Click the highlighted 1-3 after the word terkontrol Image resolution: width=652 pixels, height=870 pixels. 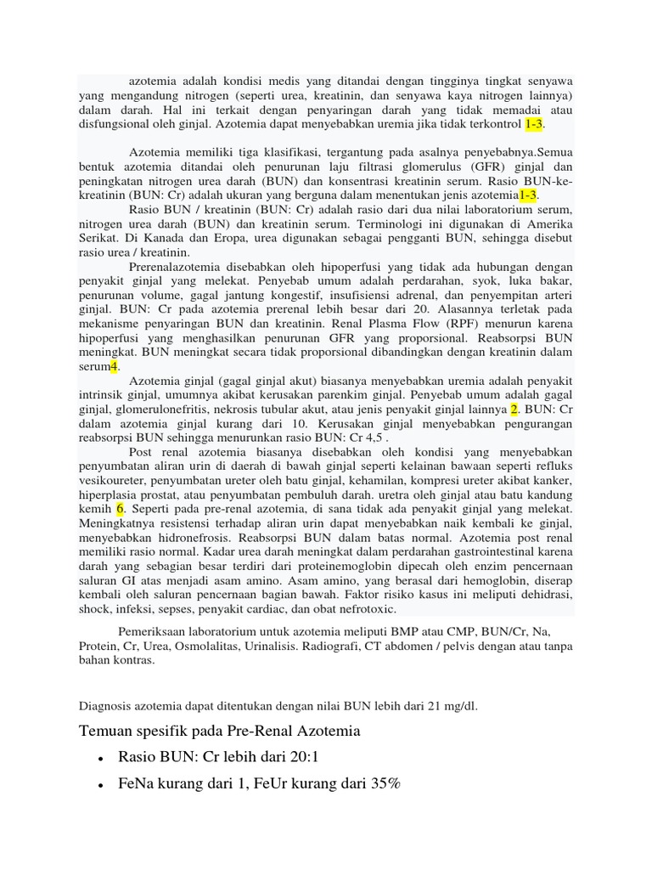(x=534, y=124)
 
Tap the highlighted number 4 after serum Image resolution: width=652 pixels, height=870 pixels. (x=114, y=366)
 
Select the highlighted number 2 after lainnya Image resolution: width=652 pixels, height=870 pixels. (x=514, y=409)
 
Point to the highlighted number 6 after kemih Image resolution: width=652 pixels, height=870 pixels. (x=121, y=508)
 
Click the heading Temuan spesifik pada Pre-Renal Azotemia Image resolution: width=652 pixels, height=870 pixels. (x=220, y=732)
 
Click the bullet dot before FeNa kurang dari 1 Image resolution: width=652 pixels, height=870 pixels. (x=101, y=787)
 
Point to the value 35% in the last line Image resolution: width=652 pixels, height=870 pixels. (x=382, y=786)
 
